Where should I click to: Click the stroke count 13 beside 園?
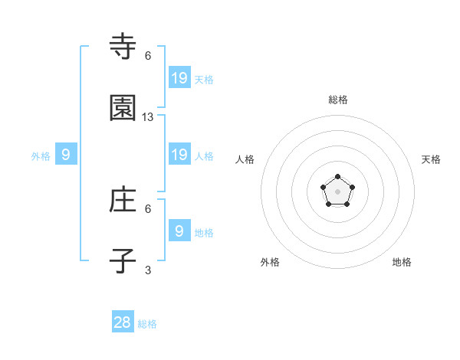click(x=148, y=117)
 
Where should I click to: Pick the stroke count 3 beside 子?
click(x=148, y=270)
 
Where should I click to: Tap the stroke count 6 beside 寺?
click(x=148, y=56)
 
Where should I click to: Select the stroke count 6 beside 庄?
click(x=148, y=208)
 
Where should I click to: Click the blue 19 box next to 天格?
click(x=179, y=77)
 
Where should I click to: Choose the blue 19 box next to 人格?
click(x=179, y=155)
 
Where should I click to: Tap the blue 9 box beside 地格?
click(x=179, y=231)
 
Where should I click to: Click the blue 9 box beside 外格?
click(x=66, y=155)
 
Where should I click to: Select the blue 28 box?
click(x=123, y=322)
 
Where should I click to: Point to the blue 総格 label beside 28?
click(x=148, y=324)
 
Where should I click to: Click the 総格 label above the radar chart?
click(x=338, y=100)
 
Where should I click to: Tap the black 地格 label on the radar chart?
click(x=402, y=262)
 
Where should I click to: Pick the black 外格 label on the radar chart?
click(x=270, y=262)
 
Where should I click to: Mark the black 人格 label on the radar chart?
click(x=245, y=159)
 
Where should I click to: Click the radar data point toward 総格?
click(x=338, y=177)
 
